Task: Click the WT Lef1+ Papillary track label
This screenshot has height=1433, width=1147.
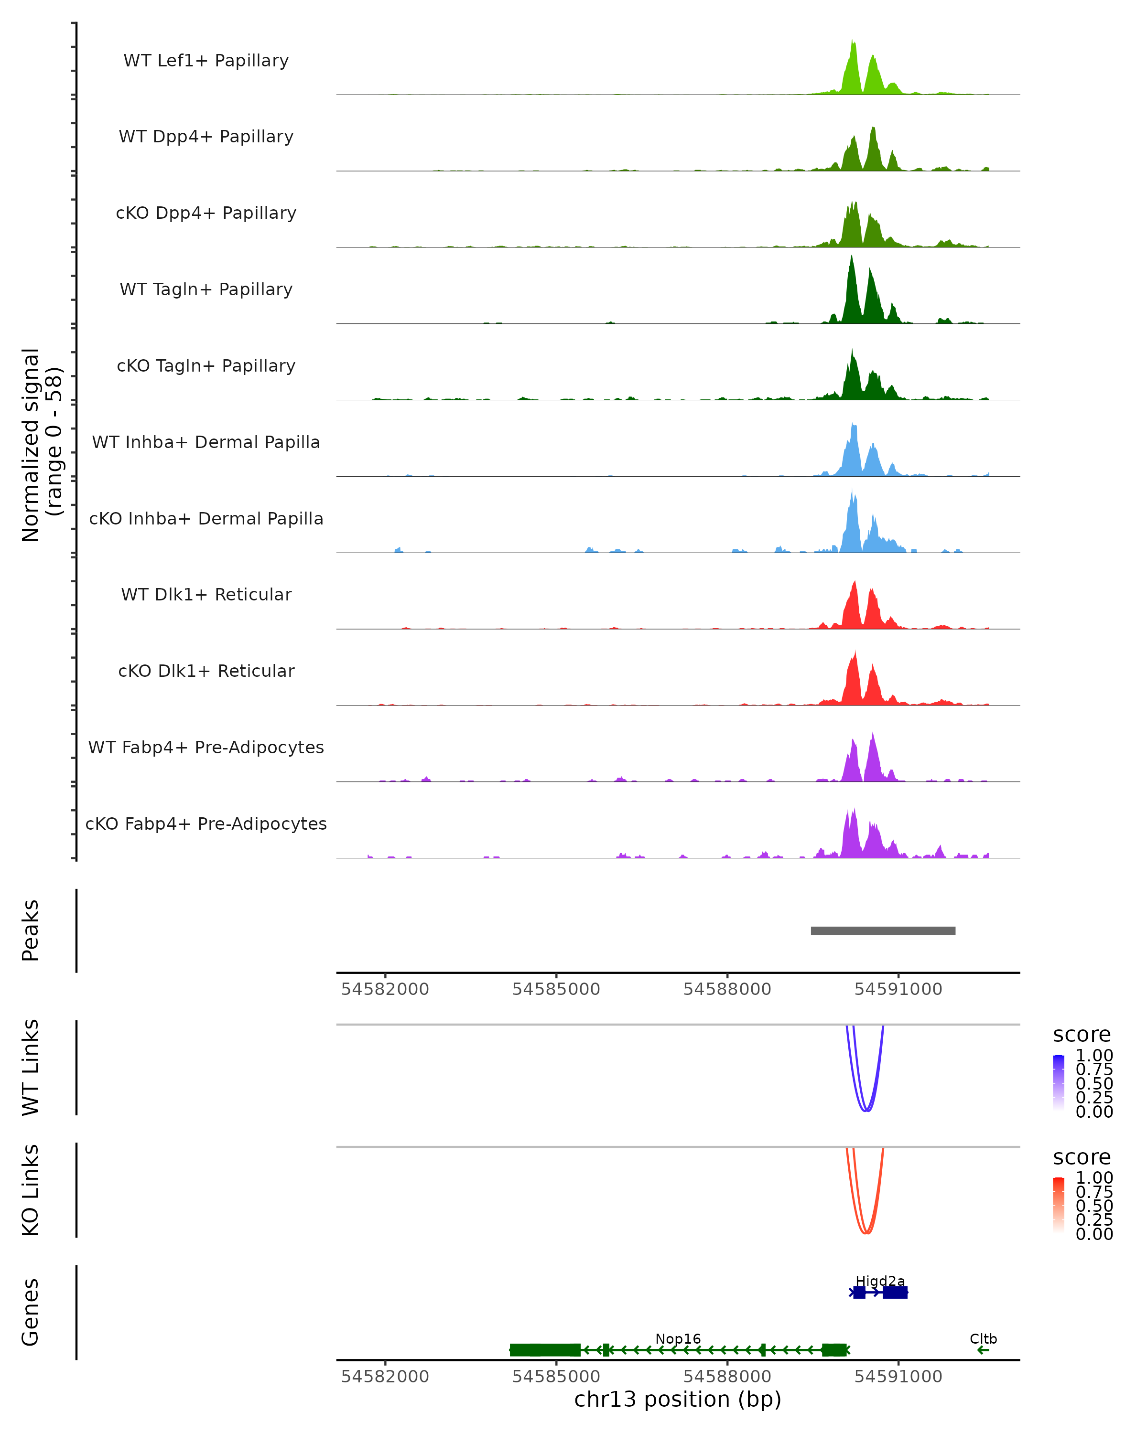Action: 206,61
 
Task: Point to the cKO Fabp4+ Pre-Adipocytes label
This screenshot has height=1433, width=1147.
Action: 206,823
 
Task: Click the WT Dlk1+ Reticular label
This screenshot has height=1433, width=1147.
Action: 206,594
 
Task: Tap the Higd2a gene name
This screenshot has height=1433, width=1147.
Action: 880,1281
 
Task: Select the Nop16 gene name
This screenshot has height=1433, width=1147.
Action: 678,1338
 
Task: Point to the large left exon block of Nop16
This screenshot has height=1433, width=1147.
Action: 544,1350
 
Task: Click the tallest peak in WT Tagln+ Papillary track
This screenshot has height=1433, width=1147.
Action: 852,259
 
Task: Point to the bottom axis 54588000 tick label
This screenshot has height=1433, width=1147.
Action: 727,1377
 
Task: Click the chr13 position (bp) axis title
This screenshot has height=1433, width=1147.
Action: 678,1400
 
